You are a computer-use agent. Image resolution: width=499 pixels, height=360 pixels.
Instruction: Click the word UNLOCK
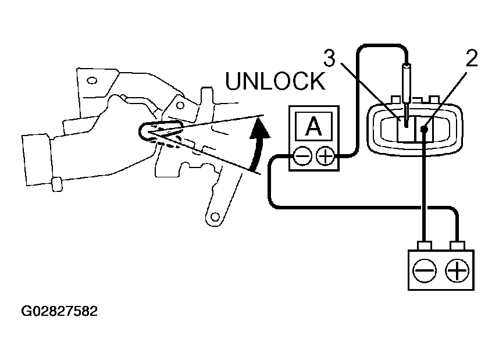tap(275, 81)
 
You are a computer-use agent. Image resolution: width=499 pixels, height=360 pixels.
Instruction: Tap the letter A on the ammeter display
tap(314, 126)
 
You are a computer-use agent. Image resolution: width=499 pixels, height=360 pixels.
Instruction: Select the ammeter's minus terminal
tap(302, 156)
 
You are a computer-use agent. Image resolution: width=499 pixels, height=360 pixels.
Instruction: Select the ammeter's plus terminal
tap(325, 156)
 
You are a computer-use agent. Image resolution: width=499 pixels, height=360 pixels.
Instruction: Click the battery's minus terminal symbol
tap(424, 270)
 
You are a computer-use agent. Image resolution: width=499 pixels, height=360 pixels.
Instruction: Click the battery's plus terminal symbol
tap(457, 270)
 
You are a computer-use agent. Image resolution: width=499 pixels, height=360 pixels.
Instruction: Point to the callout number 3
tap(330, 58)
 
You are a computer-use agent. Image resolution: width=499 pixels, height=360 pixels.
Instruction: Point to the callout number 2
tap(472, 59)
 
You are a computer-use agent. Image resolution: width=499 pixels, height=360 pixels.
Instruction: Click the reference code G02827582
tap(59, 311)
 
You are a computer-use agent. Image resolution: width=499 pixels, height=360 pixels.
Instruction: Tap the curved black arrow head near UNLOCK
tap(260, 129)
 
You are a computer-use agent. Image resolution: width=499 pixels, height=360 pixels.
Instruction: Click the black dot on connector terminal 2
tap(424, 129)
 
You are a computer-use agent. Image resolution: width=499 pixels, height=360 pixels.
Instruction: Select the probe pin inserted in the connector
tap(407, 95)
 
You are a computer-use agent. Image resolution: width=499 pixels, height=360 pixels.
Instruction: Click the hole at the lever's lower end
tap(215, 217)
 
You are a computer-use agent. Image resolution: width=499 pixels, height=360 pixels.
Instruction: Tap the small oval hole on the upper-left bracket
tap(92, 80)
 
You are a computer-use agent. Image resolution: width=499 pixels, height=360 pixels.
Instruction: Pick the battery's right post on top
tap(458, 245)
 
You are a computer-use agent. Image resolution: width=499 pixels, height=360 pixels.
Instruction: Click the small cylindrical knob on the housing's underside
tap(57, 184)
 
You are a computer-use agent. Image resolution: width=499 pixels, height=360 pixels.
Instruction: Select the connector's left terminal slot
tap(406, 129)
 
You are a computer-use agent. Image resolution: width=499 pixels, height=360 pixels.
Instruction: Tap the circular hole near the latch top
tap(180, 105)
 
